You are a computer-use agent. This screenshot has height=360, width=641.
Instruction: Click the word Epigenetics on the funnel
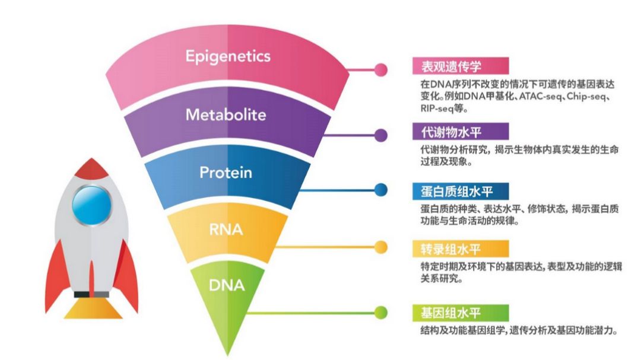coord(228,56)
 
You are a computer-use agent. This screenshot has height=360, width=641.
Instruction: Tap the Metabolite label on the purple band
coord(226,114)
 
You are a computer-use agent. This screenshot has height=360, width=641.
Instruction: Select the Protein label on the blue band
coord(226,173)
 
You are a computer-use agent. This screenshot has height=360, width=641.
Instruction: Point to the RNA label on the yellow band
coord(226,229)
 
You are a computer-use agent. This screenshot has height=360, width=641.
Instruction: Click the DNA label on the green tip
coord(227,285)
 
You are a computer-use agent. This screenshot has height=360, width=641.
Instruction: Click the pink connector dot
coord(381,69)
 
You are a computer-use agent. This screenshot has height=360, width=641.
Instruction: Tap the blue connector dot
coord(381,190)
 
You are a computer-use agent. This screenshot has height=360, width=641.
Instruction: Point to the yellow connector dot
coord(381,247)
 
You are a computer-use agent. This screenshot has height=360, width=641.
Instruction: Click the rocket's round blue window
coord(91,205)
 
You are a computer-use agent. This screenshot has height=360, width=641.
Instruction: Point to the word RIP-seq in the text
coord(433,109)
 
